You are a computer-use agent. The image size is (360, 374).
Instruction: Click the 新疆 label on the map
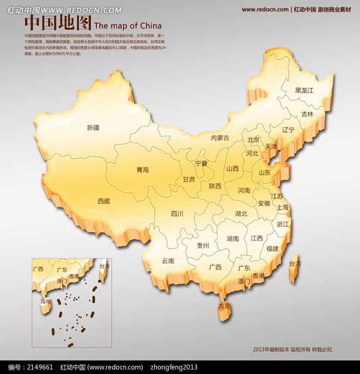93,128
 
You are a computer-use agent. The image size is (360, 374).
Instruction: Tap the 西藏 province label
103,201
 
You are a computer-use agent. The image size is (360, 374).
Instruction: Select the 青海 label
142,170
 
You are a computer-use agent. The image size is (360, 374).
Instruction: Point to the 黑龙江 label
304,90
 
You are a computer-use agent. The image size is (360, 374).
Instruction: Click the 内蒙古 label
220,138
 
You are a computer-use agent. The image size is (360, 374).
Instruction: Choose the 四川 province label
177,214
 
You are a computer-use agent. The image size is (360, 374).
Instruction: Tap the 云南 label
168,261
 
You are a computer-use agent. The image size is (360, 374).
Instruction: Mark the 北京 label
253,140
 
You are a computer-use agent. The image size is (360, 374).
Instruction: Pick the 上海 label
283,207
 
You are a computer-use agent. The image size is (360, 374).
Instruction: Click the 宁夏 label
201,163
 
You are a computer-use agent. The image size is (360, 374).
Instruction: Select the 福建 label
272,248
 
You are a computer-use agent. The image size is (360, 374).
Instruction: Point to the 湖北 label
241,213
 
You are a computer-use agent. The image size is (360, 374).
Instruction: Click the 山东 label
265,172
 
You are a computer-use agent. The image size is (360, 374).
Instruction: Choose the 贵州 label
202,246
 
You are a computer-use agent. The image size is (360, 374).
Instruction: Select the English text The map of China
128,25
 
